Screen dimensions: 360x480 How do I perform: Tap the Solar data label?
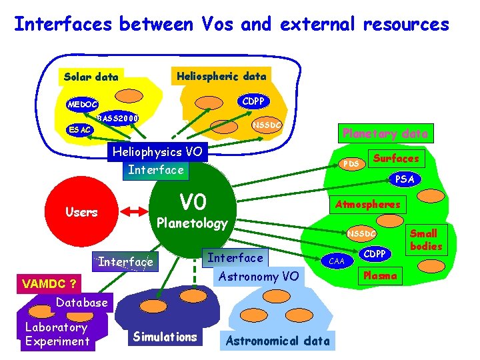click(x=91, y=77)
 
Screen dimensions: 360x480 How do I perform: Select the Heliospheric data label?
click(x=221, y=76)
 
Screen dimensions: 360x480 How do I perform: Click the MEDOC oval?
click(x=83, y=104)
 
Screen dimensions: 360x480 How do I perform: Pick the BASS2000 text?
click(x=118, y=119)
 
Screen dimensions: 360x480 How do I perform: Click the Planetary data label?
click(x=385, y=133)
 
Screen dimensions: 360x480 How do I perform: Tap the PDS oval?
click(x=351, y=163)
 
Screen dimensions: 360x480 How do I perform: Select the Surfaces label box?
click(x=396, y=159)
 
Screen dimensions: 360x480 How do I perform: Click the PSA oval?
click(x=405, y=179)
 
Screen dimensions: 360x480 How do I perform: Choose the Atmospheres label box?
click(x=367, y=204)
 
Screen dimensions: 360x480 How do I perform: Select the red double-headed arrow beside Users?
click(x=134, y=211)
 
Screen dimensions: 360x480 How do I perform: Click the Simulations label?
click(x=165, y=337)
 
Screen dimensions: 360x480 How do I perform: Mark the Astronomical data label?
click(x=278, y=341)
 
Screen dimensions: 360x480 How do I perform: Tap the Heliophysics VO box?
click(x=158, y=152)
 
